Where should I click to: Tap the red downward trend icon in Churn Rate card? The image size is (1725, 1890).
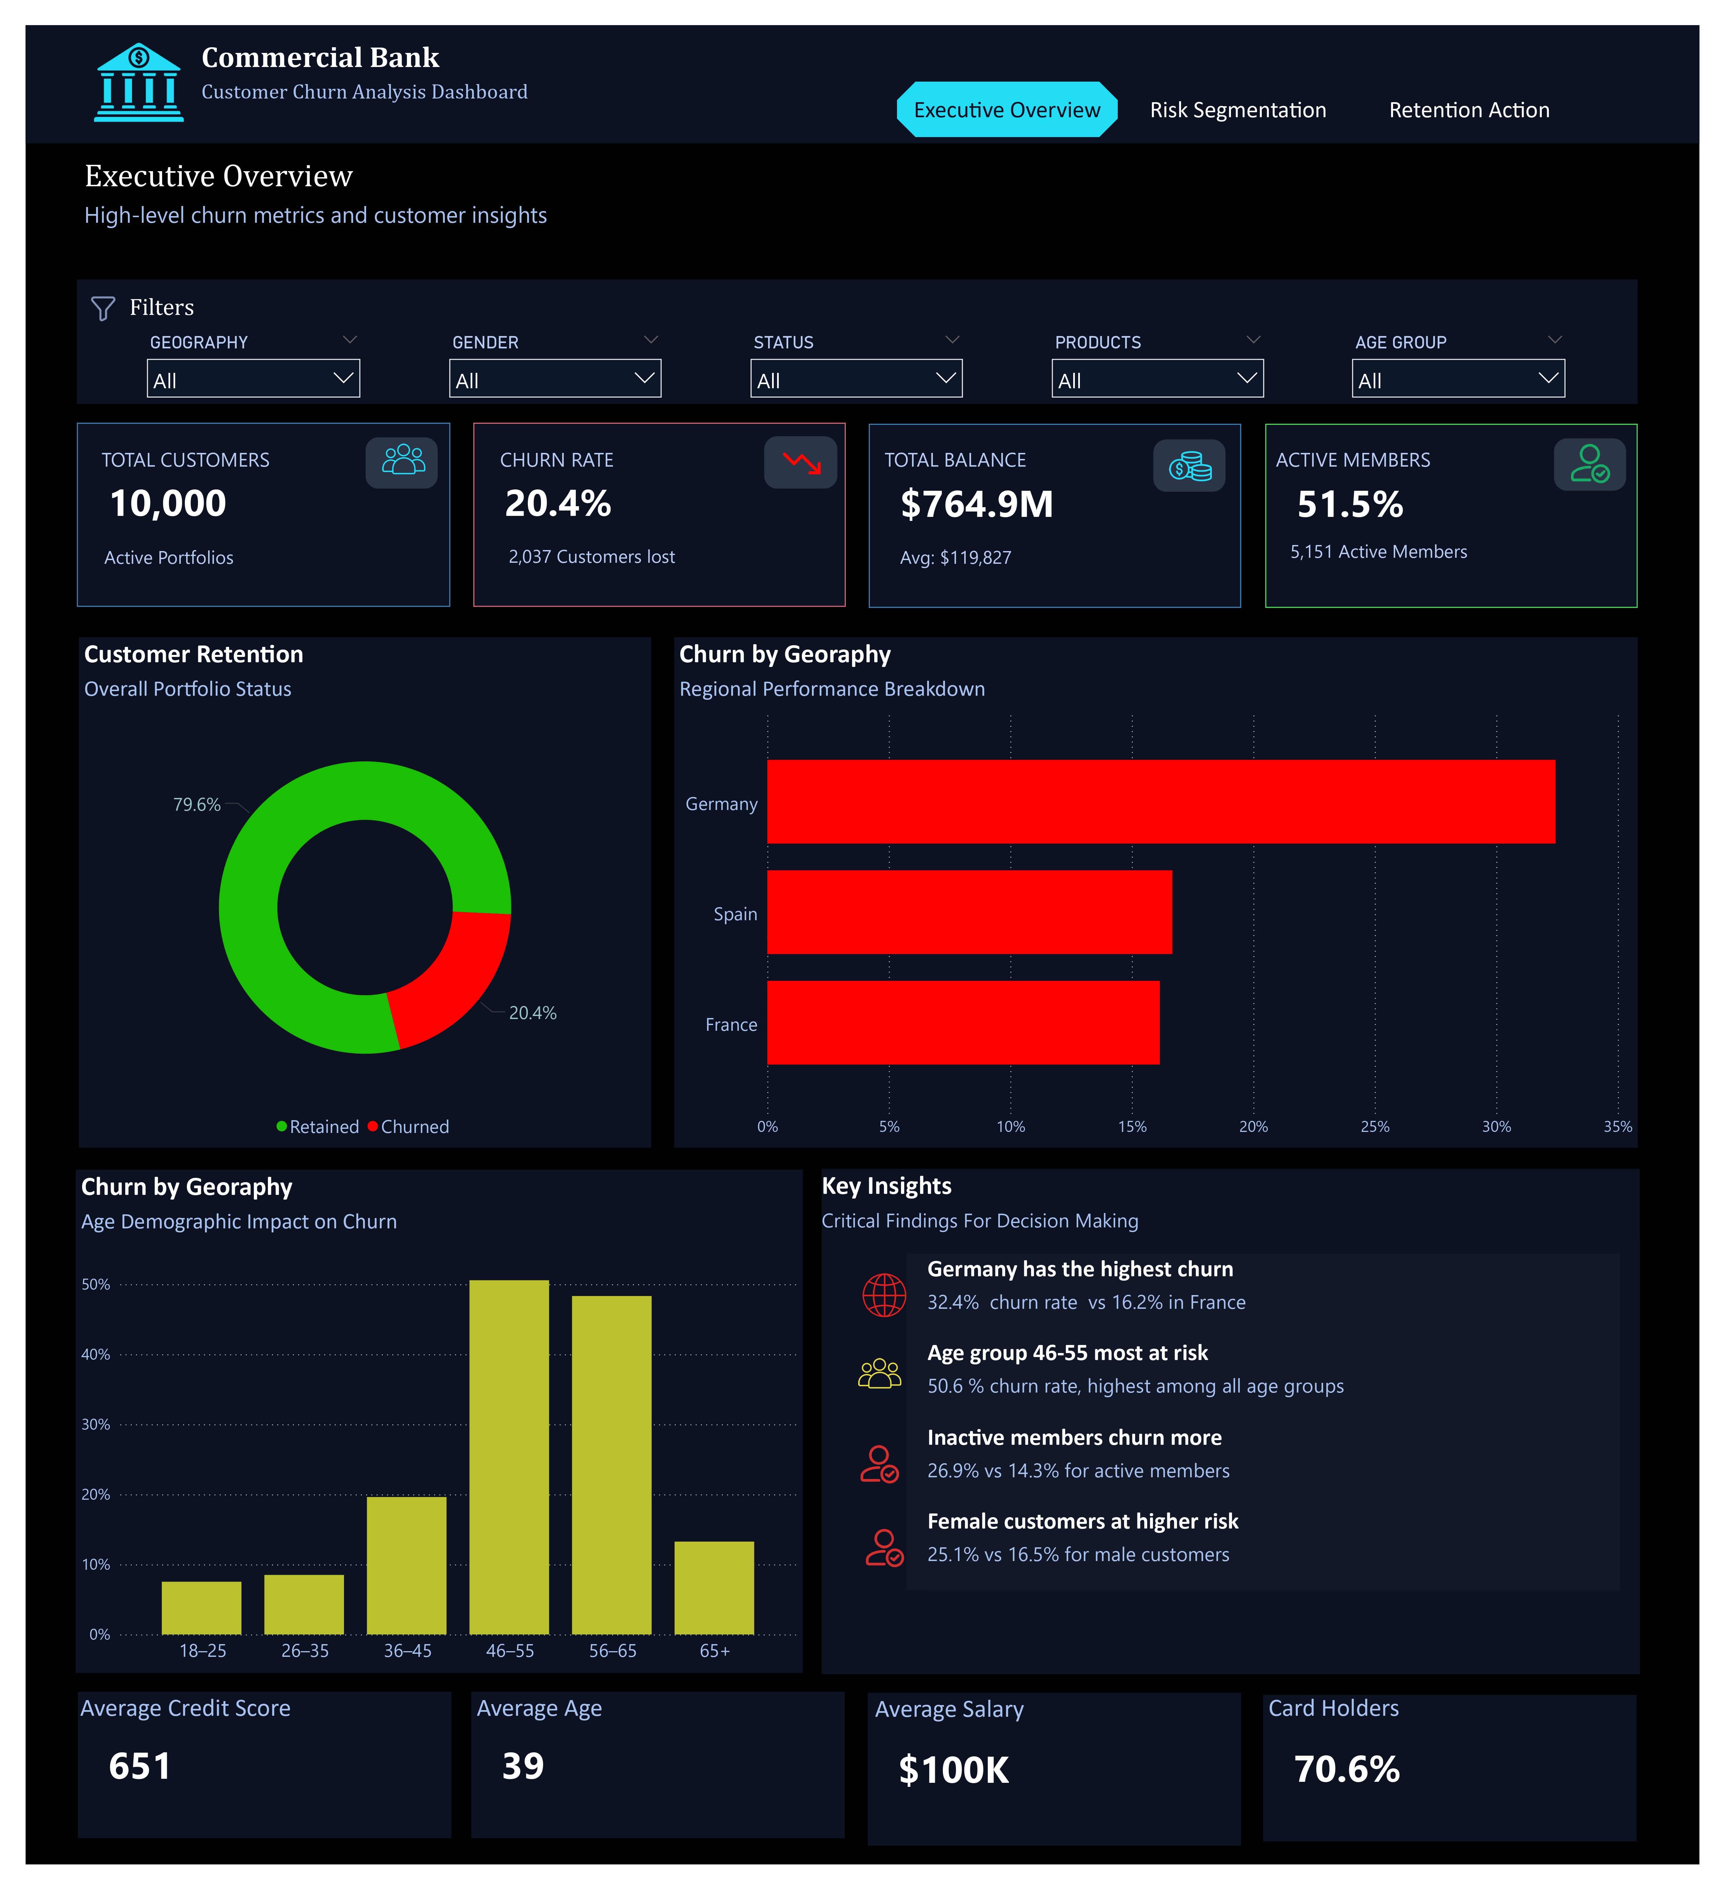tap(801, 462)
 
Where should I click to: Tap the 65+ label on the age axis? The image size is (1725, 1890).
tap(714, 1651)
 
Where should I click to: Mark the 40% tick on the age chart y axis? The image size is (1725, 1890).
tap(95, 1355)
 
